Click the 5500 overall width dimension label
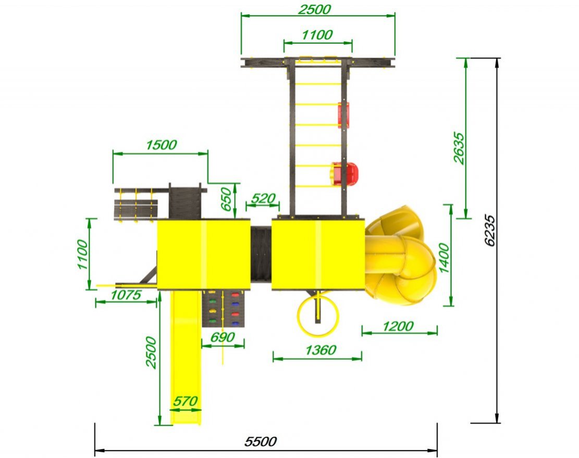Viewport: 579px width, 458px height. point(261,441)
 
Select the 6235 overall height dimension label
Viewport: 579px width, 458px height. point(490,230)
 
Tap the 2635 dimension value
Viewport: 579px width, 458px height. point(459,147)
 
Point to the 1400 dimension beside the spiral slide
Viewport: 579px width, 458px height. point(444,258)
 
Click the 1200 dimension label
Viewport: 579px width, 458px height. point(398,326)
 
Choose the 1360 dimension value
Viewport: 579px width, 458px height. point(321,350)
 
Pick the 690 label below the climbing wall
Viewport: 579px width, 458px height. point(223,337)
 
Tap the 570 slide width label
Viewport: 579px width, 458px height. point(186,401)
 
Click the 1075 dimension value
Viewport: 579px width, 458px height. point(126,295)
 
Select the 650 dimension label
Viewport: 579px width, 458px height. point(226,199)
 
